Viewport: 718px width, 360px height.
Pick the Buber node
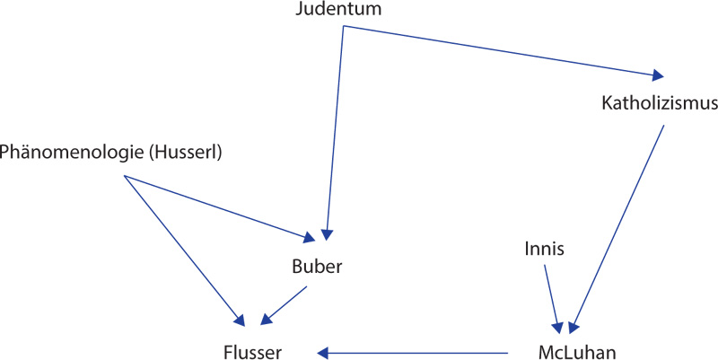pos(318,267)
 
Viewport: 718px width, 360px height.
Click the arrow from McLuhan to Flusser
pos(413,352)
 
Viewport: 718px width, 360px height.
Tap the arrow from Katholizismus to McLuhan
pos(619,224)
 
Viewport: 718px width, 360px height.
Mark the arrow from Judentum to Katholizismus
pos(503,50)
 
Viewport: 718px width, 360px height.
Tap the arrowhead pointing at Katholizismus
pos(661,75)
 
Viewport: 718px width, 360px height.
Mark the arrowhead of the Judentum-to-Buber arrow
pos(328,236)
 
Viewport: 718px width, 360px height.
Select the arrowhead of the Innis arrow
pos(559,326)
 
